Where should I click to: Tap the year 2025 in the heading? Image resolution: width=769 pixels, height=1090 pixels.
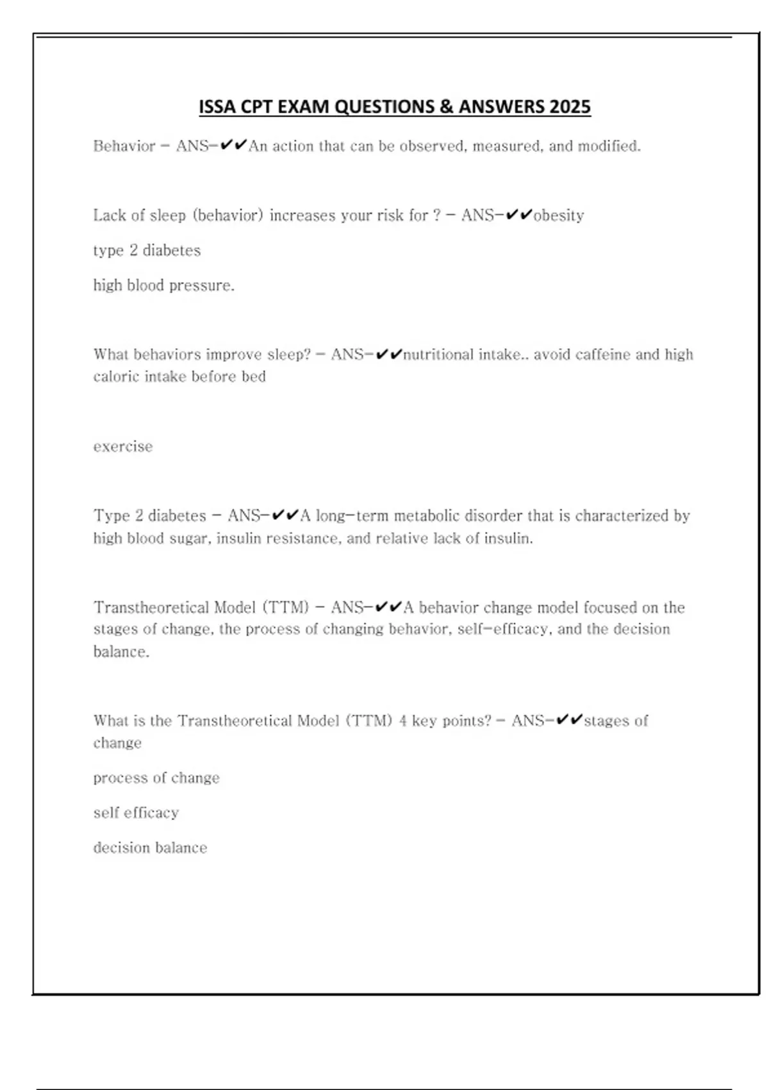[x=570, y=107]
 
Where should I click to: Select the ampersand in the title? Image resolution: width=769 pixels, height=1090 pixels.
[x=446, y=107]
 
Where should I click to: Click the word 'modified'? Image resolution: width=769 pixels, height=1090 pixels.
[x=608, y=146]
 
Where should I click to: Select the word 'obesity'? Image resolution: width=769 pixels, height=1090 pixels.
[x=559, y=215]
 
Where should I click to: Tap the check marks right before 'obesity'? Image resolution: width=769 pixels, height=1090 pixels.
[x=519, y=215]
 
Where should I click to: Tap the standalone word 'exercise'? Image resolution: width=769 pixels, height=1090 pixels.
[x=123, y=446]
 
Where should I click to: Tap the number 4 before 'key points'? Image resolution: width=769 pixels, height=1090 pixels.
[x=403, y=721]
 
